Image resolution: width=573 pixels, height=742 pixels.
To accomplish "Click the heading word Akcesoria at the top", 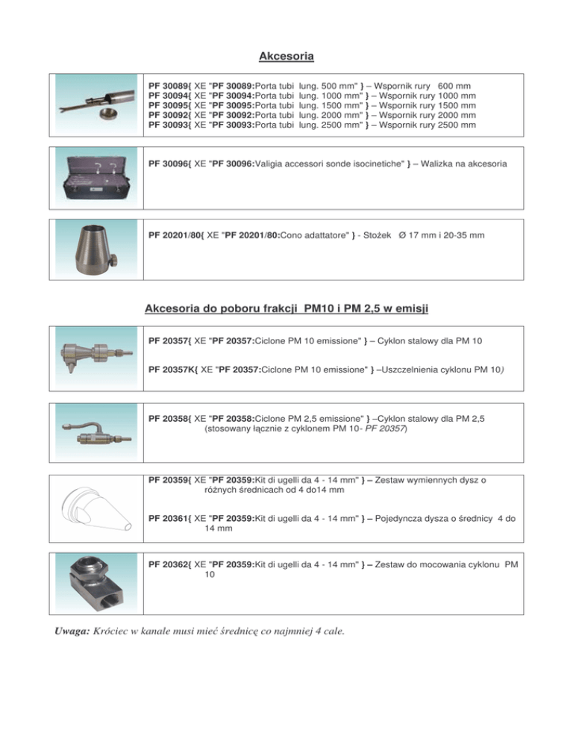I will pyautogui.click(x=286, y=56).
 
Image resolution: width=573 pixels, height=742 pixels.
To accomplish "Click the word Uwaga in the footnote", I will pyautogui.click(x=72, y=632).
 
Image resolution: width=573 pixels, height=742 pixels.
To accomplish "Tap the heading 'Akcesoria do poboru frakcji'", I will pyautogui.click(x=225, y=309).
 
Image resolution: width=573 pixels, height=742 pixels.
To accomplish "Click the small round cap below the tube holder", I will pyautogui.click(x=110, y=115).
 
